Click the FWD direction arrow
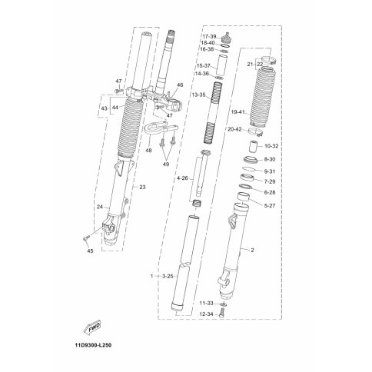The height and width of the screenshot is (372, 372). pos(92,329)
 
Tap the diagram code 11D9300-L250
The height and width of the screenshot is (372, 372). pos(93,345)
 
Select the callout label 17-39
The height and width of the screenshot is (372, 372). pos(209,36)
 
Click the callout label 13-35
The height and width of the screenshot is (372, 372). pos(198,95)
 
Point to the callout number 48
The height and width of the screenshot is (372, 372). pos(149,150)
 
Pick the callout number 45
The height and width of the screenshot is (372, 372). pos(90,251)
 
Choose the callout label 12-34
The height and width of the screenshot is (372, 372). pos(207,314)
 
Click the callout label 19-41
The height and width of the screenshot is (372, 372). pos(238,112)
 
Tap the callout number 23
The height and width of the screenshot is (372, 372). pos(142,187)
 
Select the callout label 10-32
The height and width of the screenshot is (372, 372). pos(271,146)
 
